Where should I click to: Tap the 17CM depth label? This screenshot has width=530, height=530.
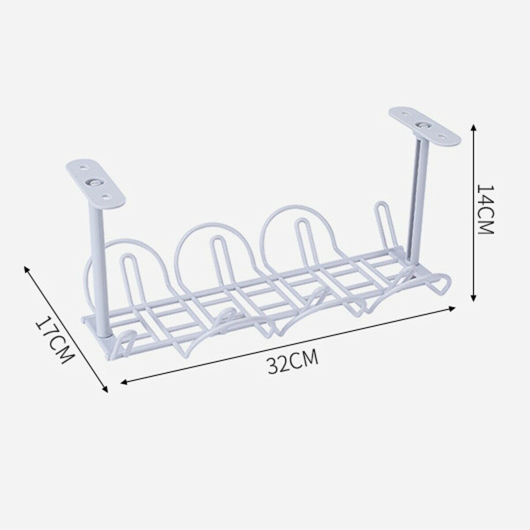54,338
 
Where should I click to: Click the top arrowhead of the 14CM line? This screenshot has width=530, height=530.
474,127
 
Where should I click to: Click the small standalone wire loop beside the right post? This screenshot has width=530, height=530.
381,227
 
